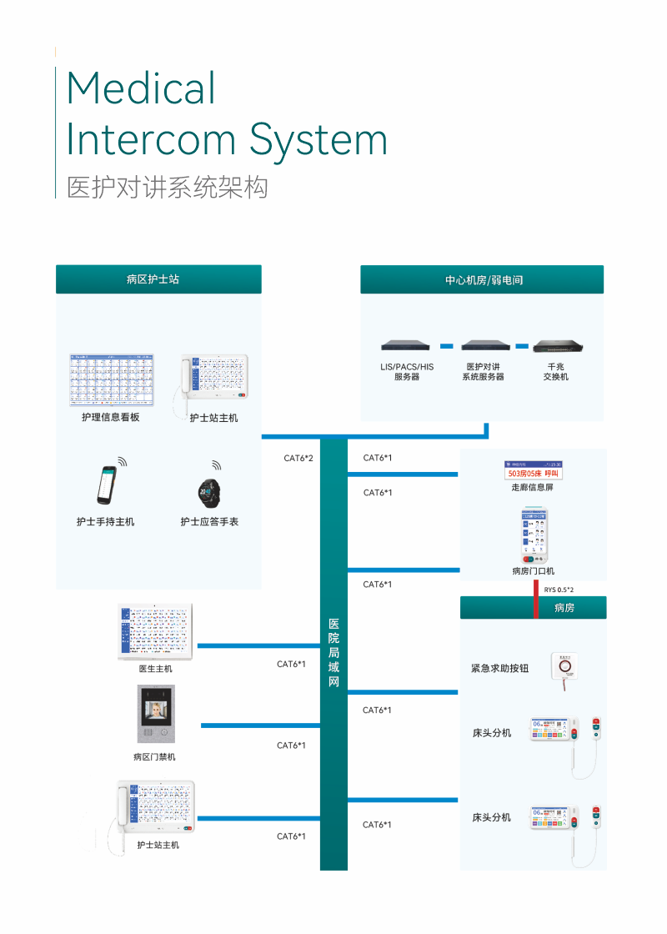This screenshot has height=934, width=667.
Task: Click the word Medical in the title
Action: (141, 88)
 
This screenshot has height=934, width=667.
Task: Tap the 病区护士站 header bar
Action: (158, 279)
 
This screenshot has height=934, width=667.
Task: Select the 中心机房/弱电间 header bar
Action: (482, 280)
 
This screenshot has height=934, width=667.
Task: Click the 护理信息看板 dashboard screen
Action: (112, 380)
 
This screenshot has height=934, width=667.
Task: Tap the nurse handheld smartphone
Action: (104, 486)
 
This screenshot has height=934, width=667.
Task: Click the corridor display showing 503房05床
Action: (533, 471)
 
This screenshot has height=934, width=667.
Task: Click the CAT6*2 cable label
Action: (298, 458)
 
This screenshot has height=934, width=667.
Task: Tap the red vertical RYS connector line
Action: (535, 599)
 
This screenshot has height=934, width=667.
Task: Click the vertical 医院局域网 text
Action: (333, 653)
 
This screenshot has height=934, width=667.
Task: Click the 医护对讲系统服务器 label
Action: (484, 372)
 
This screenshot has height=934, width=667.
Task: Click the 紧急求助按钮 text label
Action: (499, 669)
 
